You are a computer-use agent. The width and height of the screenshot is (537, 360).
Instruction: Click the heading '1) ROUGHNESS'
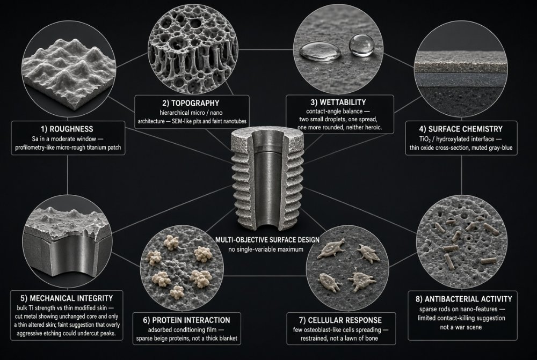tap(67, 129)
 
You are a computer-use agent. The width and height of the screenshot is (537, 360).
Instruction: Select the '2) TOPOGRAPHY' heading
tap(191, 103)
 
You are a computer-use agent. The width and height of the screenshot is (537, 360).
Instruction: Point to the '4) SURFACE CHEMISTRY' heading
tap(461, 129)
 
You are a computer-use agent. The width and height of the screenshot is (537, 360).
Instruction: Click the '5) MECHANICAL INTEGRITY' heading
tap(67, 298)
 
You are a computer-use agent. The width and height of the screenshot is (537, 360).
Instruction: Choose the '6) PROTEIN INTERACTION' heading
tap(187, 320)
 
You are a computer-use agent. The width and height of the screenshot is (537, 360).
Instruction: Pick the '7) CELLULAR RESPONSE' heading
tap(340, 320)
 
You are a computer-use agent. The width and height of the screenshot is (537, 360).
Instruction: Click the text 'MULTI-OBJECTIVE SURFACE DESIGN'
tap(267, 240)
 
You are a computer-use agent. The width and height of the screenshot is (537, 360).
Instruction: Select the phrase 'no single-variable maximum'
tap(266, 249)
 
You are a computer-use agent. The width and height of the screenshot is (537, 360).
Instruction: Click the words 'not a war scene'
tap(461, 327)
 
